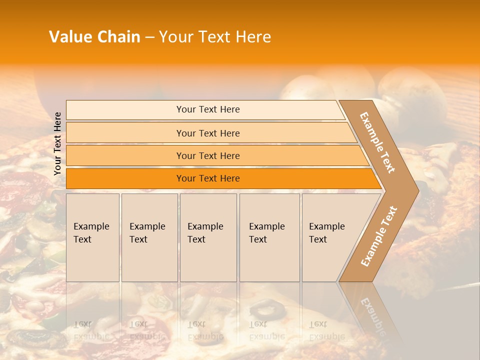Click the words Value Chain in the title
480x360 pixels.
pyautogui.click(x=95, y=37)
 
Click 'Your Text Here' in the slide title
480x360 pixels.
pyautogui.click(x=215, y=37)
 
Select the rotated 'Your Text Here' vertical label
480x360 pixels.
pyautogui.click(x=57, y=143)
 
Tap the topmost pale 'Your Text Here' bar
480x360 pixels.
pyautogui.click(x=208, y=109)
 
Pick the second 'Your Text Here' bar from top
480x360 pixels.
pyautogui.click(x=208, y=133)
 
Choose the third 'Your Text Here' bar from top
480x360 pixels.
pyautogui.click(x=208, y=155)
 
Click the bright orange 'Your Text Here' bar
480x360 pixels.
pyautogui.click(x=208, y=178)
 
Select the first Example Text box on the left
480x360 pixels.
pyautogui.click(x=92, y=237)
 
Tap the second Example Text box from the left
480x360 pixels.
pyautogui.click(x=149, y=237)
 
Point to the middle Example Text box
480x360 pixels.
pyautogui.click(x=208, y=237)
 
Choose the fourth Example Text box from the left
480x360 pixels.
pyautogui.click(x=269, y=237)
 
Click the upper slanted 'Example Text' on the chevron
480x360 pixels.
pyautogui.click(x=377, y=142)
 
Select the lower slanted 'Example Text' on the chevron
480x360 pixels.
pyautogui.click(x=379, y=236)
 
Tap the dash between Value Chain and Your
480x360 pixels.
pyautogui.click(x=149, y=37)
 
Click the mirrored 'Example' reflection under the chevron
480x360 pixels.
pyautogui.click(x=372, y=315)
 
